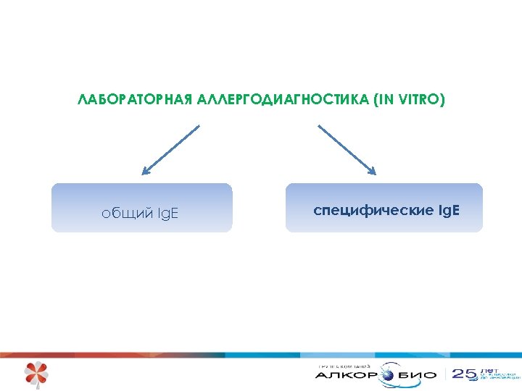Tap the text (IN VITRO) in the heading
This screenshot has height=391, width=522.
click(x=409, y=99)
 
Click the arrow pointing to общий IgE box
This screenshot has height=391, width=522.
click(x=170, y=150)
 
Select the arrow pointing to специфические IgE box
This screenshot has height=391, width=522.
click(x=347, y=150)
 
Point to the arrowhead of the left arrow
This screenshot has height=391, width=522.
click(x=145, y=172)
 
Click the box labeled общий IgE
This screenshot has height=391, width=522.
click(x=141, y=208)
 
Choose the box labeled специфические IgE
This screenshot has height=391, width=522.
click(x=384, y=208)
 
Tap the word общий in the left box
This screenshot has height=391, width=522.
click(x=128, y=214)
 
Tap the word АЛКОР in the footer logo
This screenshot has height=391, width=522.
click(x=346, y=375)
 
